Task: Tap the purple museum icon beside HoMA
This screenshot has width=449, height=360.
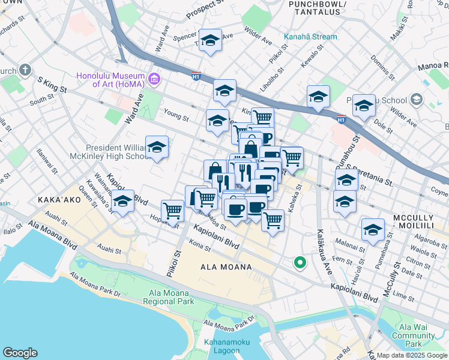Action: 154,79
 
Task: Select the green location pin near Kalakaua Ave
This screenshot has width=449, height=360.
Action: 299,263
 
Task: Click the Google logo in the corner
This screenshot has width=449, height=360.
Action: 20,353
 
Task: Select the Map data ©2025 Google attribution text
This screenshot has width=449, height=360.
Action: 412,355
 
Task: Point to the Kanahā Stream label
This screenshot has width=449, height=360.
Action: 310,37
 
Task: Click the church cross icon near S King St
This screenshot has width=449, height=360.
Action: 25,70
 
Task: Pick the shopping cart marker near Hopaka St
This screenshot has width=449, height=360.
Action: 173,211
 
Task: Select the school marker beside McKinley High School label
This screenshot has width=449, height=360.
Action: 157,147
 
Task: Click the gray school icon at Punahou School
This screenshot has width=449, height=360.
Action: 415,100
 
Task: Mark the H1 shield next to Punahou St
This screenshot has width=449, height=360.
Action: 341,119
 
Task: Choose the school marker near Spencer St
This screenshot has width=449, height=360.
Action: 210,41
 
